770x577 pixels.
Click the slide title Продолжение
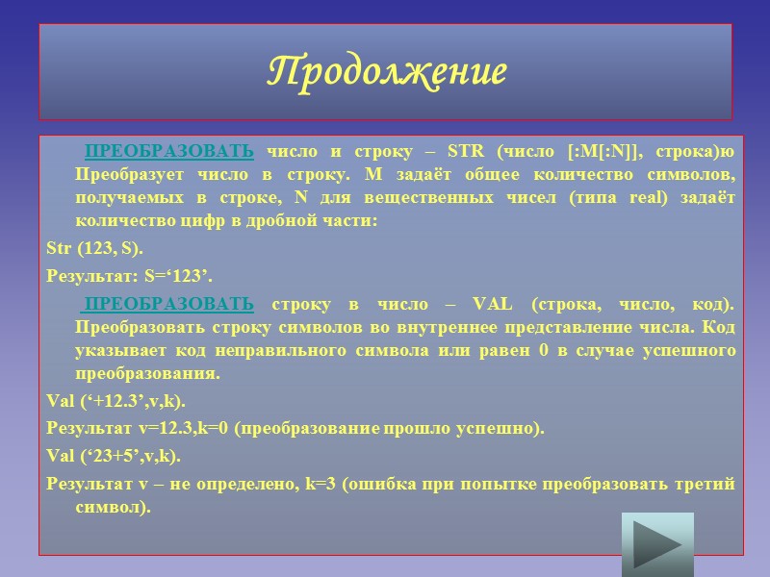pyautogui.click(x=385, y=72)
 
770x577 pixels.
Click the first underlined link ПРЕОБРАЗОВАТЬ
pyautogui.click(x=169, y=152)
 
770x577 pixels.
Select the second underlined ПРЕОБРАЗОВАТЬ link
pyautogui.click(x=169, y=305)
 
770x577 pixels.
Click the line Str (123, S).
pyautogui.click(x=94, y=249)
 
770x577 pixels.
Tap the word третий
pyautogui.click(x=707, y=484)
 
